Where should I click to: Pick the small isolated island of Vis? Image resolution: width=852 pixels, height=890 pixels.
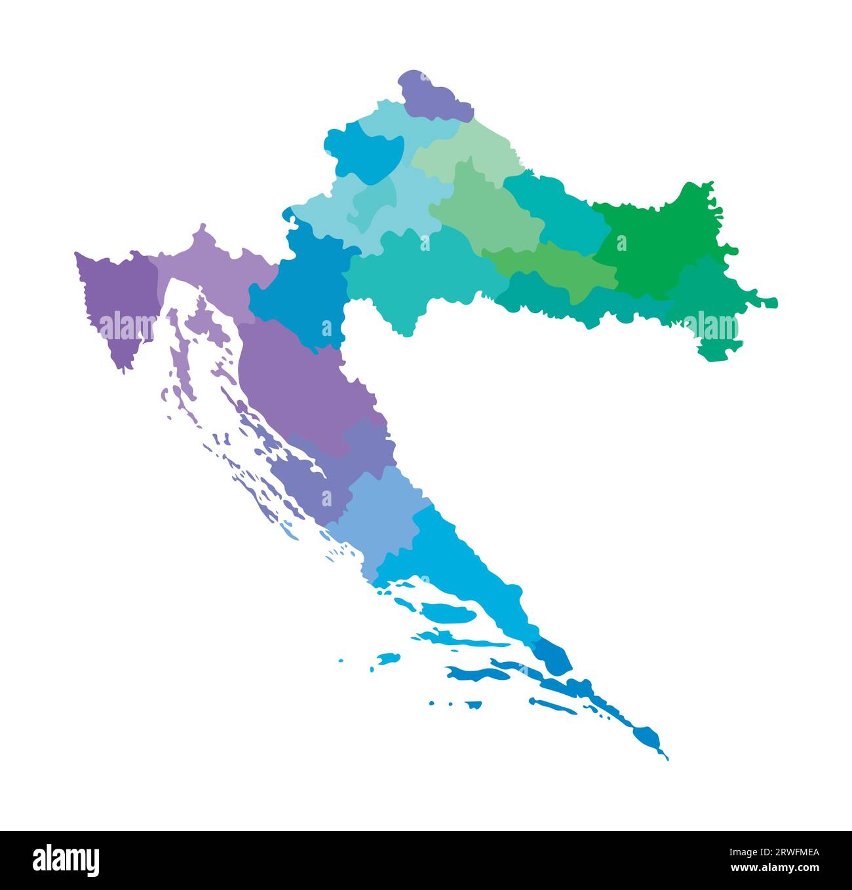pos(389,658)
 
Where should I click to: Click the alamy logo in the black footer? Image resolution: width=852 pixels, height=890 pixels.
pos(66,859)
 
